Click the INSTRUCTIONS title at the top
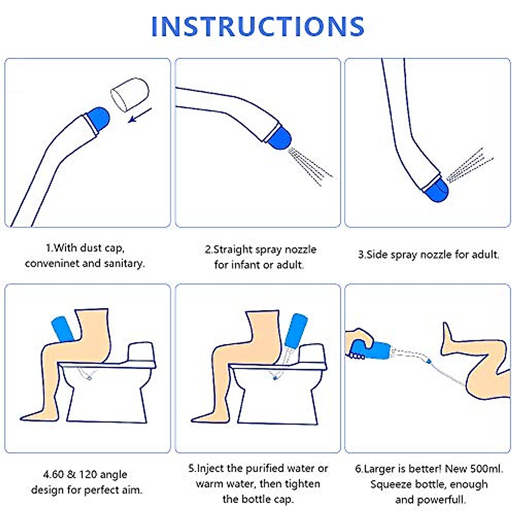click(x=257, y=27)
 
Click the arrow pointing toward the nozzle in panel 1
click(x=140, y=115)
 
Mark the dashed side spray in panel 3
click(x=470, y=165)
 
